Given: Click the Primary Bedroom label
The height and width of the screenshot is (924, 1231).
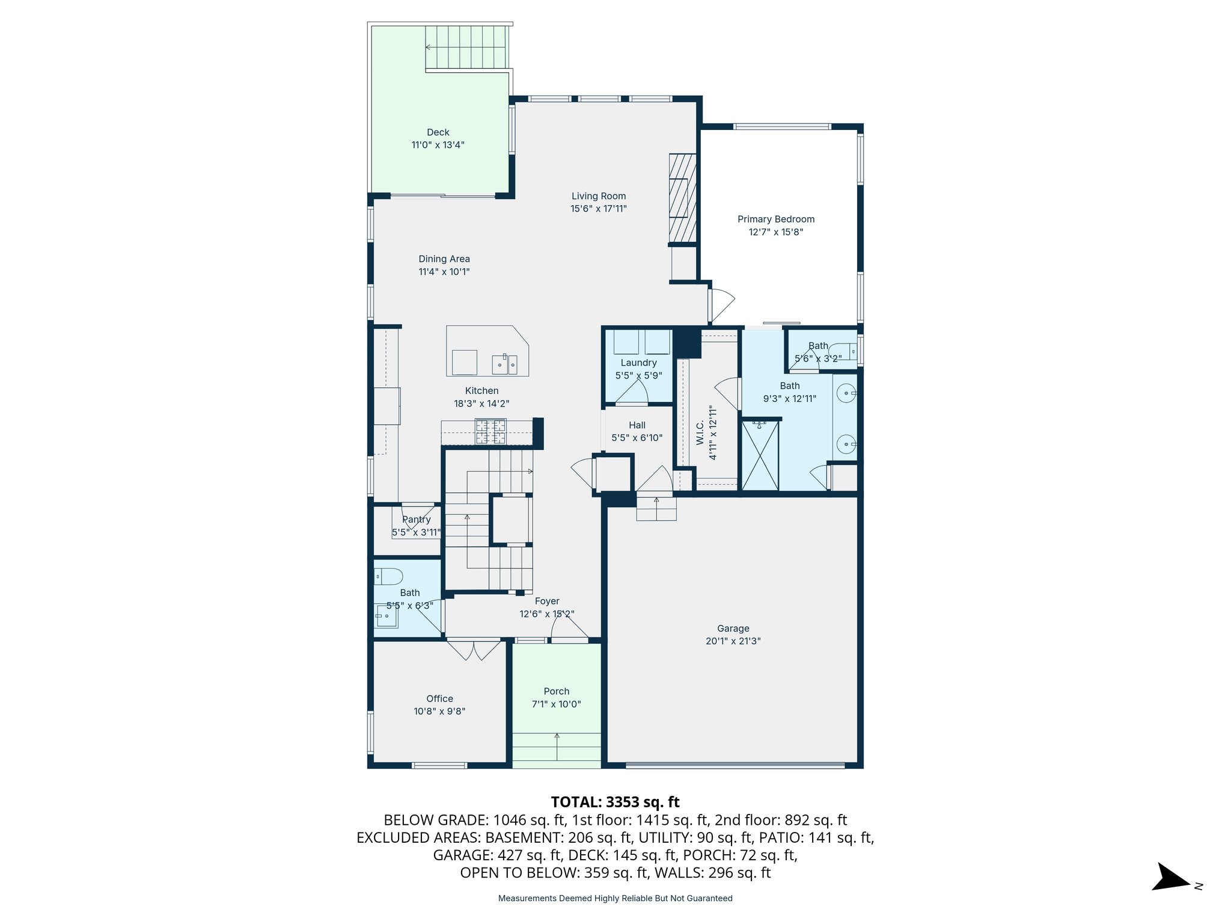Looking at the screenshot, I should pos(775,220).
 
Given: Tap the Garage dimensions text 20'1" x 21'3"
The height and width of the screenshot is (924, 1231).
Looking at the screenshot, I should pos(733,641).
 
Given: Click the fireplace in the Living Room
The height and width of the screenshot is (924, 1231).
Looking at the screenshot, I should pos(682,198).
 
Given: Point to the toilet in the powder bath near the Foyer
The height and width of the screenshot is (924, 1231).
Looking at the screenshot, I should pos(388,577).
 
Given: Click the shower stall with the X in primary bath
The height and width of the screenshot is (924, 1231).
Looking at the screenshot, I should pos(760,455).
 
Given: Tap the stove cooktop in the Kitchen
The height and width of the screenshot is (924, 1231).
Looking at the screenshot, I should pos(491,431).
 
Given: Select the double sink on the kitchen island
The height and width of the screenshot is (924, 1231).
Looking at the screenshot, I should pos(504,364).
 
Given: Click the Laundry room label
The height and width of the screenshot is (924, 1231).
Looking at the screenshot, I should pos(638,363).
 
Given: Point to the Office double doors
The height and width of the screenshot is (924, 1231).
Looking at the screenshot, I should pos(474,650).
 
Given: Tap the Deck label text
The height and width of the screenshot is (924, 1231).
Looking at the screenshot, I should pos(438,132).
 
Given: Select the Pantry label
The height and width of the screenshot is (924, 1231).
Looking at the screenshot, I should pos(416,520).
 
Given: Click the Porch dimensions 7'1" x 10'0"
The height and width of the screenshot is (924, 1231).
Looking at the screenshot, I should pos(556,704).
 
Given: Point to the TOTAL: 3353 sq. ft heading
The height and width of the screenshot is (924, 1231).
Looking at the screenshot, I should pos(615,802).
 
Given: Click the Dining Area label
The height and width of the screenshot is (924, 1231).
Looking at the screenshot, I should pos(444,259).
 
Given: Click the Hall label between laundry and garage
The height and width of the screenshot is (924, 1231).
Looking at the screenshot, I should pos(637,425).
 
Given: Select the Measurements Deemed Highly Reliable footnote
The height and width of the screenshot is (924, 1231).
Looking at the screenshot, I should pos(615,898).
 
